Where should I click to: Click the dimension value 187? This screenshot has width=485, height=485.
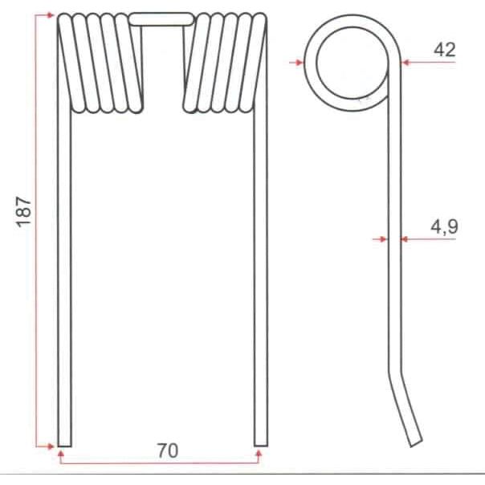click(x=24, y=210)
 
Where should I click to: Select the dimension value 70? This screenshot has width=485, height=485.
click(x=167, y=450)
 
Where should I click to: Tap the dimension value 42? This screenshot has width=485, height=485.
click(x=444, y=50)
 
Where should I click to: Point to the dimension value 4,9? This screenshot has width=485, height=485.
click(x=444, y=227)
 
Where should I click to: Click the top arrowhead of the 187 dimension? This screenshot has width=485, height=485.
click(x=51, y=15)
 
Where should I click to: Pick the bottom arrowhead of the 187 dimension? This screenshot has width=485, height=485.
click(x=50, y=444)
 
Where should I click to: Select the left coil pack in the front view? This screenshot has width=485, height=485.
click(x=100, y=62)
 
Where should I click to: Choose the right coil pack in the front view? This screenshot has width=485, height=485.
click(x=225, y=62)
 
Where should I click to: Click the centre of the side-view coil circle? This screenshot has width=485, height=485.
click(x=350, y=62)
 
